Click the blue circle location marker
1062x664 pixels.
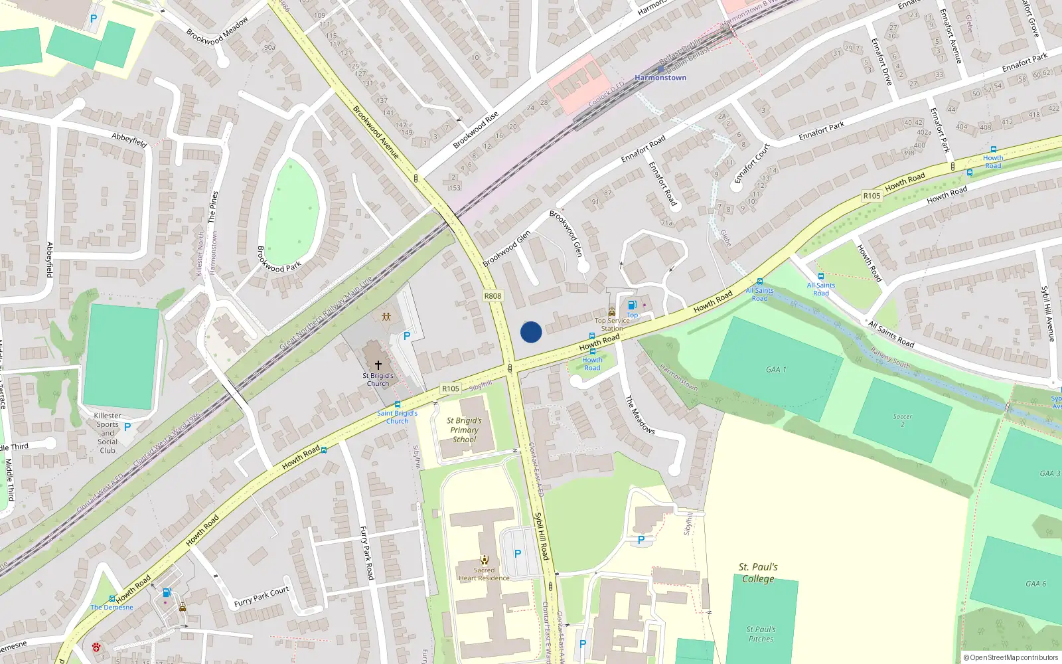531,332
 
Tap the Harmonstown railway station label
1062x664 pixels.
660,78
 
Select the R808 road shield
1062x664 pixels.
493,296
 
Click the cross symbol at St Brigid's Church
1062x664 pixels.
378,365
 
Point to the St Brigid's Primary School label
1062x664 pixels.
464,430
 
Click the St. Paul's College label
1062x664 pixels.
758,572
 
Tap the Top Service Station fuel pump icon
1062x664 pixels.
632,305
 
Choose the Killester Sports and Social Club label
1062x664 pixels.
108,433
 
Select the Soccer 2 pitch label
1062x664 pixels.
902,420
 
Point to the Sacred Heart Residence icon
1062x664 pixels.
485,559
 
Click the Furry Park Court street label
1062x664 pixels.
262,597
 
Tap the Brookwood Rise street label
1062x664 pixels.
475,130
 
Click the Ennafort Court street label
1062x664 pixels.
752,163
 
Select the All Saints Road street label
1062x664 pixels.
891,335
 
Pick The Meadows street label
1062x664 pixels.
640,415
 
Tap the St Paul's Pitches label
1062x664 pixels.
761,634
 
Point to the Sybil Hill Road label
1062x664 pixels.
542,535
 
